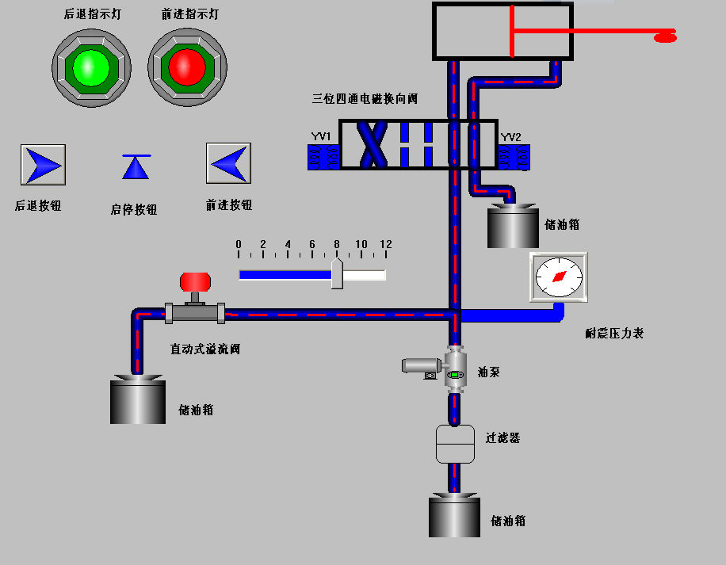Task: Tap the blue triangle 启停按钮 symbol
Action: (136, 167)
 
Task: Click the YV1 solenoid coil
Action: (323, 157)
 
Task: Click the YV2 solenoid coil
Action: (514, 157)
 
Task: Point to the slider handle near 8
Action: (337, 273)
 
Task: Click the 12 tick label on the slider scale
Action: (386, 244)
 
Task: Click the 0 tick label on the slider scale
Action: (239, 244)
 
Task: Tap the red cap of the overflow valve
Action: (195, 281)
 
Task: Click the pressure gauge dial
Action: (559, 277)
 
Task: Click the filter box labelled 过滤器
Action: (455, 444)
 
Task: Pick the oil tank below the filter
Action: (455, 516)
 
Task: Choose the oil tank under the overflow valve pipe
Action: (138, 401)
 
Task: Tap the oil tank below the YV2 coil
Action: (512, 227)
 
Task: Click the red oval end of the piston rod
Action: (664, 35)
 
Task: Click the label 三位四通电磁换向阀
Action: (365, 99)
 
